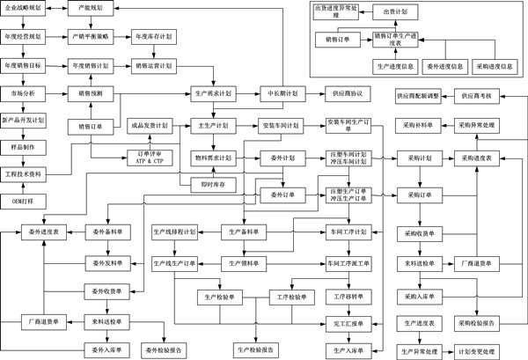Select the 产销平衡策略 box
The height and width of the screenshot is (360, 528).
coord(90,37)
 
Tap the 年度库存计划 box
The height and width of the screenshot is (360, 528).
coord(152,37)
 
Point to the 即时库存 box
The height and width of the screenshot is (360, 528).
coord(215,183)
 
